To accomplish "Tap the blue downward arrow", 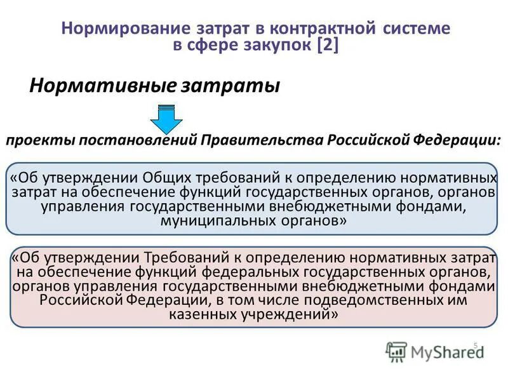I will [x=166, y=117].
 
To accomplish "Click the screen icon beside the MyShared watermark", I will [x=396, y=351].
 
